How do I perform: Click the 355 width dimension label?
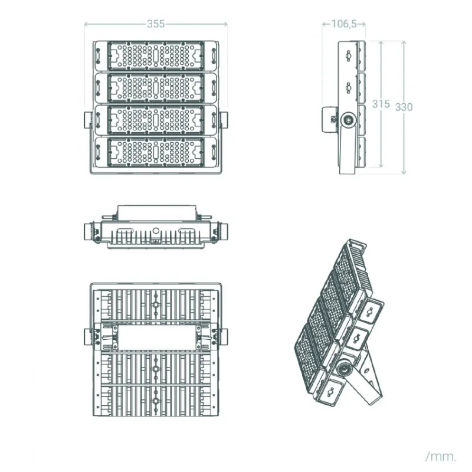156,24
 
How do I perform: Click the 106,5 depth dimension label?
344,24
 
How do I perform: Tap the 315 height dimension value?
381,104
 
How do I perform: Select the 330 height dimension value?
404,107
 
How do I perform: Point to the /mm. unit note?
441,456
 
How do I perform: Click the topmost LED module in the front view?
156,56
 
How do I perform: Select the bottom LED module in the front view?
156,152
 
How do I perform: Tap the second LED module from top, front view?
156,88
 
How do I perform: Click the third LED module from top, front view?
156,120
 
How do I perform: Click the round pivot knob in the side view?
349,120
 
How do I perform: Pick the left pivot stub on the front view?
87,120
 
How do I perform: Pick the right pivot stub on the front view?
224,120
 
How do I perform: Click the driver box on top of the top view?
156,213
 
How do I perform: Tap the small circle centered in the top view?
156,231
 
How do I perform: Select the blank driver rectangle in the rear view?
156,337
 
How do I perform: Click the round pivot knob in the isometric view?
345,368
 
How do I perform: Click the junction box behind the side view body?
329,119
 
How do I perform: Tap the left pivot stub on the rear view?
87,337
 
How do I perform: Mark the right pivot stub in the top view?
224,231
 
